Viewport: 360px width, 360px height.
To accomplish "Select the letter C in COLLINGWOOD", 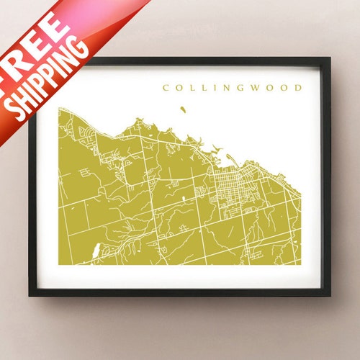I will coord(166,89).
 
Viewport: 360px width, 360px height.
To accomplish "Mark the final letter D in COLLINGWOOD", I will coord(297,89).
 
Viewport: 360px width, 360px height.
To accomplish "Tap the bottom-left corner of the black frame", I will coord(31,295).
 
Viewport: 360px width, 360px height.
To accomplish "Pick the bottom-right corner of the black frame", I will coord(329,295).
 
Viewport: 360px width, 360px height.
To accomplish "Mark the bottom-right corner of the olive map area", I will coord(300,264).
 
